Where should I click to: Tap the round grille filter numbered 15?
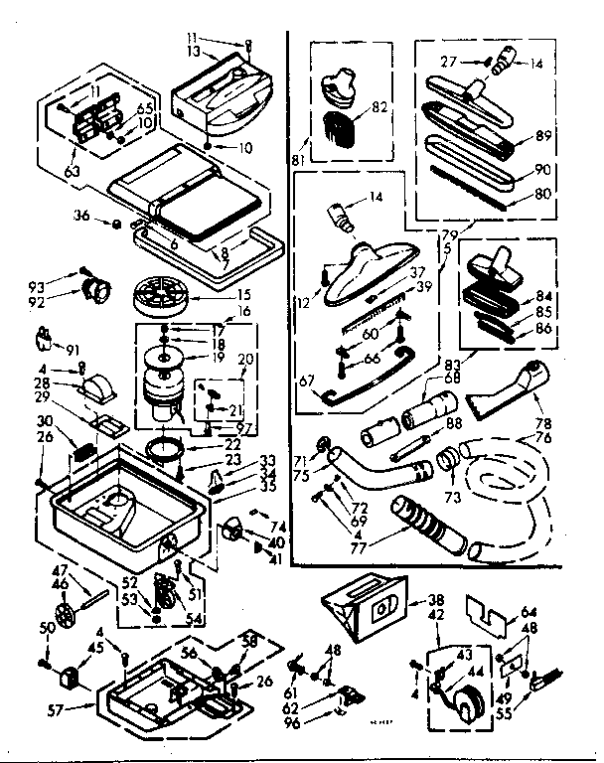(161, 296)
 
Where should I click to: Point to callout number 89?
(543, 137)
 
